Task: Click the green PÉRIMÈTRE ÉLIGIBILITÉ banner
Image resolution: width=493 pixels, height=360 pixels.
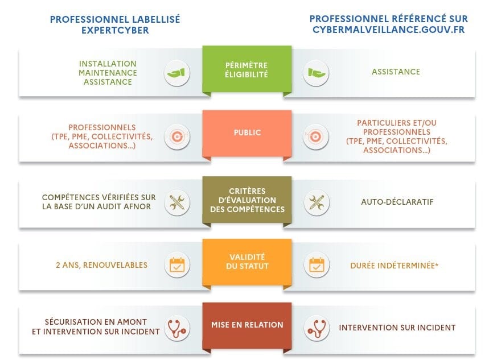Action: (247, 69)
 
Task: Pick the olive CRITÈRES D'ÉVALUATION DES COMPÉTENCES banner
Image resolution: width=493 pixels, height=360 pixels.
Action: (247, 200)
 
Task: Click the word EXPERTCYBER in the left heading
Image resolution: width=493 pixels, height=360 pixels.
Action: (115, 31)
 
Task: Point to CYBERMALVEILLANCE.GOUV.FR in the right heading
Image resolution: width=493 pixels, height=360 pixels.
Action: (389, 30)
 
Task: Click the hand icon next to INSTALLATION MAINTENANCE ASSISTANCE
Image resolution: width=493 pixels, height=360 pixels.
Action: (176, 73)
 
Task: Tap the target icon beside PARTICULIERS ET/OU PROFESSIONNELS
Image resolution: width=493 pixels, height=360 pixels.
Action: (316, 137)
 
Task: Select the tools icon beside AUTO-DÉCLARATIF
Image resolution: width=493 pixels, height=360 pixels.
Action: (317, 202)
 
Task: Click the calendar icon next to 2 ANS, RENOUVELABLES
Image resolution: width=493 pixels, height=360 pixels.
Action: (177, 265)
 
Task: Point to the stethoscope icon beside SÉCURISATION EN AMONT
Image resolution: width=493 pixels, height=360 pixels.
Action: (177, 328)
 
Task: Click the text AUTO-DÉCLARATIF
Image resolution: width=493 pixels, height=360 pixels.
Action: (397, 202)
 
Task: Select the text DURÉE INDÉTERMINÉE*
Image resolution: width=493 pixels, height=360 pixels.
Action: (395, 266)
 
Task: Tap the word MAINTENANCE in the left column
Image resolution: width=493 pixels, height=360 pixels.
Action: (108, 73)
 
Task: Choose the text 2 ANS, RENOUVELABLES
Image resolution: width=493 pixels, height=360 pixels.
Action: (101, 265)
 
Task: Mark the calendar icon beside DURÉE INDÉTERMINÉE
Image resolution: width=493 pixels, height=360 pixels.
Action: (317, 265)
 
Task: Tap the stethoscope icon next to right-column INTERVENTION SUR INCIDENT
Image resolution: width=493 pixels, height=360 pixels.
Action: (317, 328)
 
